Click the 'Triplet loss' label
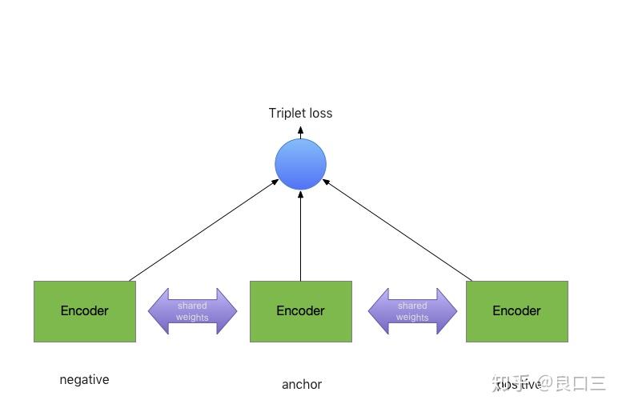(300, 113)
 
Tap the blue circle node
(300, 164)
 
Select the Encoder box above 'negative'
(84, 311)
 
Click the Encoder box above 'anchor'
(300, 311)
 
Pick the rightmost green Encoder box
(516, 311)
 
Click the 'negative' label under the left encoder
(84, 380)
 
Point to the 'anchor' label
(301, 385)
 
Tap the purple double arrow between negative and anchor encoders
(192, 311)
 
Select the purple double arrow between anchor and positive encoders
(412, 311)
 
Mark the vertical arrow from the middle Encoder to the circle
(300, 236)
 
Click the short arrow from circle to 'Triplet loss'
(300, 132)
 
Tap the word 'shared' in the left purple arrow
(192, 306)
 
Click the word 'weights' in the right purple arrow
(412, 318)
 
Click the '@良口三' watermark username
(572, 384)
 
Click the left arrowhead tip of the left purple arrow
(150, 311)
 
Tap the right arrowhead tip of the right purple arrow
(455, 311)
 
